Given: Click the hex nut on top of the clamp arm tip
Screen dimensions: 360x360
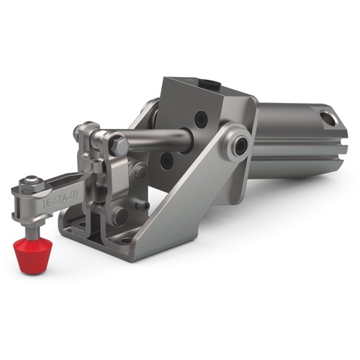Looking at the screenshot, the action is [x=30, y=182].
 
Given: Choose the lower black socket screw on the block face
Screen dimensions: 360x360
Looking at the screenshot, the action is [x=166, y=158].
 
